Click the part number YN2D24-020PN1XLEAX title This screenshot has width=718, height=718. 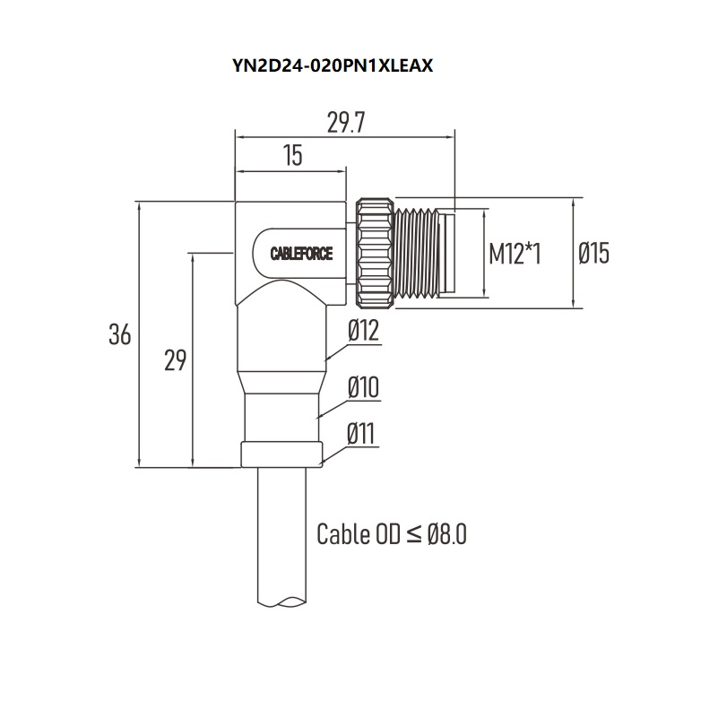click(x=333, y=66)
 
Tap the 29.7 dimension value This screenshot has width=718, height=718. click(x=346, y=123)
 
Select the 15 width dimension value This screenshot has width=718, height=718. click(x=292, y=155)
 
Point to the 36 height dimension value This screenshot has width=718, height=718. click(x=119, y=333)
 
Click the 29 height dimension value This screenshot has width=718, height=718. click(x=175, y=360)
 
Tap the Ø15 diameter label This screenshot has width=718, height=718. click(x=593, y=253)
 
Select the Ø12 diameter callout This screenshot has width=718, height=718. click(x=364, y=330)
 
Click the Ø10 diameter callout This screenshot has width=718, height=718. click(x=364, y=387)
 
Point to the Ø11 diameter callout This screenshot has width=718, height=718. click(x=361, y=433)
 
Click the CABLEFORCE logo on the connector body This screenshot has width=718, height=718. click(x=301, y=254)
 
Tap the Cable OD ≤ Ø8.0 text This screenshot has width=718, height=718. click(x=392, y=534)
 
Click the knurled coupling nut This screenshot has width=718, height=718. click(x=375, y=253)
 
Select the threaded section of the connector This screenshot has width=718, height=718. click(x=416, y=253)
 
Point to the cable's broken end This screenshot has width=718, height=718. click(x=281, y=601)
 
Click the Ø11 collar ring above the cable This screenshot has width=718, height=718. click(x=281, y=454)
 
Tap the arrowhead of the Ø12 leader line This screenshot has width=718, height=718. click(x=326, y=359)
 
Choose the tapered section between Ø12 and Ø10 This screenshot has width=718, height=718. click(x=281, y=383)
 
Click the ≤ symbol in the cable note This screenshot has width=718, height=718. click(x=413, y=534)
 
